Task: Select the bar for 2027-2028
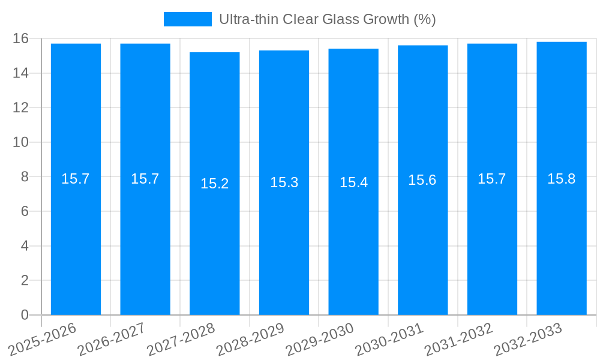(x=215, y=240)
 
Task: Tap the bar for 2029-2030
(x=353, y=240)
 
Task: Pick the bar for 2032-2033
(x=562, y=240)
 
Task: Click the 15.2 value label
(x=215, y=184)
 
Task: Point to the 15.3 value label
(x=284, y=182)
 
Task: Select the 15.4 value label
(x=353, y=182)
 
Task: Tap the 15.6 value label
(x=422, y=180)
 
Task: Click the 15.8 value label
(x=562, y=179)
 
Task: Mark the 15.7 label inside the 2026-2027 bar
(x=145, y=179)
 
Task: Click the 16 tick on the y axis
(x=20, y=38)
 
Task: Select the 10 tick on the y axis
(x=20, y=142)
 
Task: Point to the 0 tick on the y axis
(x=25, y=315)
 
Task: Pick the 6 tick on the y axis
(x=25, y=211)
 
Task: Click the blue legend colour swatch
(x=188, y=19)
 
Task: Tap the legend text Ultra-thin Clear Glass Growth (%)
(x=327, y=19)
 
